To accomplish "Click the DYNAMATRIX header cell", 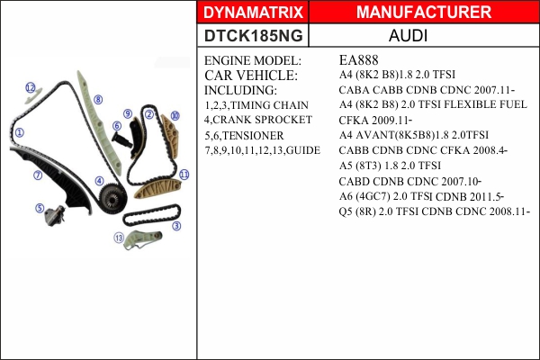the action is click(253, 12).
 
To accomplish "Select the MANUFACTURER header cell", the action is click(424, 12).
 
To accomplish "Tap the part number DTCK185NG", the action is click(254, 35).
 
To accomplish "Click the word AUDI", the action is click(408, 35).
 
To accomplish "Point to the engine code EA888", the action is click(358, 60).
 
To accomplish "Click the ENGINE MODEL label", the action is click(253, 60).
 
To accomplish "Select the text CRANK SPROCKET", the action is click(263, 120).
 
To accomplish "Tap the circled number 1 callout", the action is click(19, 132).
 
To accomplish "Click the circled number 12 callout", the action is click(31, 87).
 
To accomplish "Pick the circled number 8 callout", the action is click(98, 100).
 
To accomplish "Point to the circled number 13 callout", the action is click(119, 238).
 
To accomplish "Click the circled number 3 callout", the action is click(176, 226).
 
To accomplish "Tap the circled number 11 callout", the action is click(184, 175).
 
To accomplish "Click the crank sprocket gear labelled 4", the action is click(112, 198).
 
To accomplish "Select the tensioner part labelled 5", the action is click(55, 216).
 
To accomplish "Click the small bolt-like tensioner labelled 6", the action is click(122, 139).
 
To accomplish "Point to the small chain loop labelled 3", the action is click(152, 215).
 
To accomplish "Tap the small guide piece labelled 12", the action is click(33, 96).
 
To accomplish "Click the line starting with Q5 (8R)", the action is click(435, 211).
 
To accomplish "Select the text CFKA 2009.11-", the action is click(375, 121).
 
